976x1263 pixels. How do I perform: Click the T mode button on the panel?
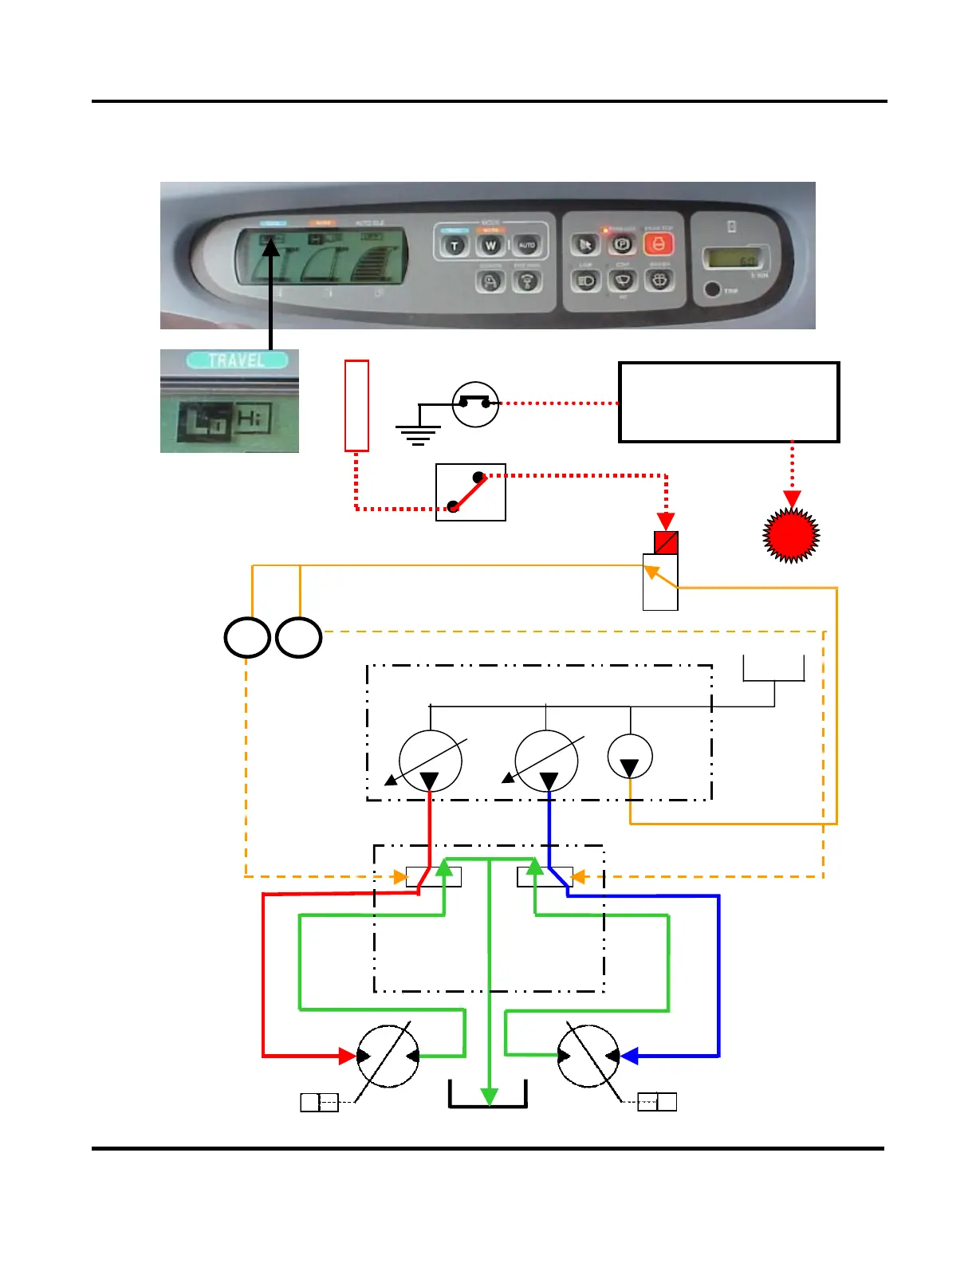[455, 245]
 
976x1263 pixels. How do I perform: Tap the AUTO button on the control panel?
[526, 245]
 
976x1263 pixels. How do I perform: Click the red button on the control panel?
[658, 244]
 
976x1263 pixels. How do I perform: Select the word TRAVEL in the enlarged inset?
[236, 360]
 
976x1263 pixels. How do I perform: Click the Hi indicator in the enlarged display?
[253, 418]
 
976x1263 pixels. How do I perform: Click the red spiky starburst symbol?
[792, 535]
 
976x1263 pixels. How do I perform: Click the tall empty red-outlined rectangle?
[356, 406]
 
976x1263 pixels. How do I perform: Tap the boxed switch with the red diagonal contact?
[470, 492]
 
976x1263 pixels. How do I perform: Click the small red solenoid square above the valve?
[666, 543]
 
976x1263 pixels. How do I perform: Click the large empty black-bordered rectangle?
[729, 402]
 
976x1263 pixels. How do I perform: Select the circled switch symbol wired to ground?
[475, 404]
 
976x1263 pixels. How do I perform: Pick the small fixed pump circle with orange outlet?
[630, 757]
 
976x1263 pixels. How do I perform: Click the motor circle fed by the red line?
[388, 1056]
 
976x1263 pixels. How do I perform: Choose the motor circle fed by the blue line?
[588, 1056]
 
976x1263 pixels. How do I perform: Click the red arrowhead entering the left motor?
[348, 1056]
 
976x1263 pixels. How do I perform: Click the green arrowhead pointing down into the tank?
[489, 1096]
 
